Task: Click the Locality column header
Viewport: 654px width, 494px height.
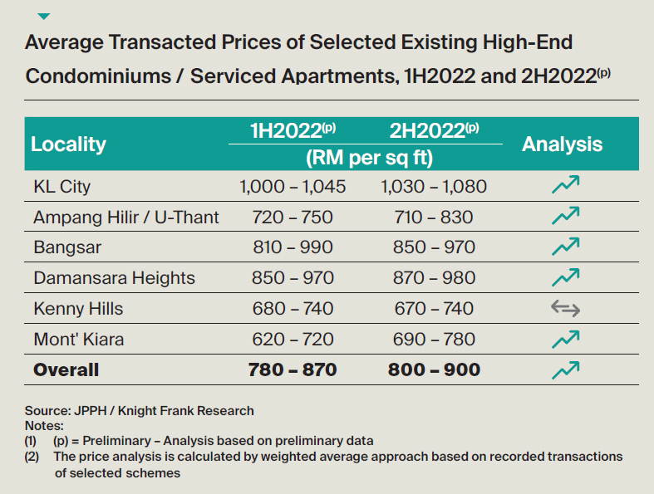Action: pyautogui.click(x=68, y=144)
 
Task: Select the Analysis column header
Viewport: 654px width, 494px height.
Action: pyautogui.click(x=562, y=144)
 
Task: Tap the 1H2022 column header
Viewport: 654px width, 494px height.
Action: pyautogui.click(x=293, y=130)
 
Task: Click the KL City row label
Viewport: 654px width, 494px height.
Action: pyautogui.click(x=61, y=187)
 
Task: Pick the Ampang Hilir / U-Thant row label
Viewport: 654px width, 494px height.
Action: pyautogui.click(x=126, y=218)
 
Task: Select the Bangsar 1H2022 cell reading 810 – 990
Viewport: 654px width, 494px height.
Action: pyautogui.click(x=292, y=247)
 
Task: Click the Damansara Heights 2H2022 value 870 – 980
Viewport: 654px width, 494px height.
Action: pyautogui.click(x=433, y=278)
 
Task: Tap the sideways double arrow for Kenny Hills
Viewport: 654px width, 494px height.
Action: pyautogui.click(x=565, y=309)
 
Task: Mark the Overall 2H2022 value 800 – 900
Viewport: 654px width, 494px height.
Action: pyautogui.click(x=434, y=369)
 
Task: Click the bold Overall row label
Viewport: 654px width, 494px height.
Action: pyautogui.click(x=66, y=369)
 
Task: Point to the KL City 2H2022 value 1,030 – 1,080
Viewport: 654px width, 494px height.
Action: pyautogui.click(x=433, y=187)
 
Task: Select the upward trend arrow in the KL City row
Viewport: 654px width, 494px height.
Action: pyautogui.click(x=565, y=186)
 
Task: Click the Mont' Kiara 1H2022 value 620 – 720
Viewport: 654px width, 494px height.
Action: pyautogui.click(x=292, y=339)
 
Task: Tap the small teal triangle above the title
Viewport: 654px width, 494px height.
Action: pyautogui.click(x=44, y=16)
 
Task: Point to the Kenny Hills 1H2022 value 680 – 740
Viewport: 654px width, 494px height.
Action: pyautogui.click(x=292, y=309)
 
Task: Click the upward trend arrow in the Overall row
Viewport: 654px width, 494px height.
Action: pyautogui.click(x=565, y=369)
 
